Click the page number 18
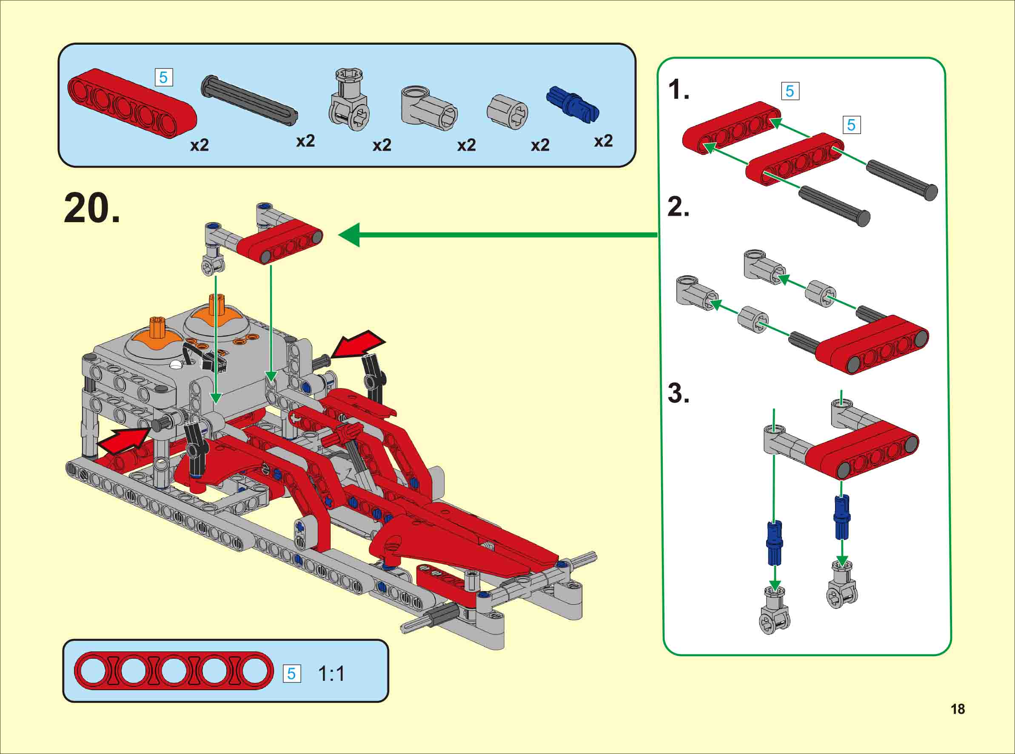(958, 709)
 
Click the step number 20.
(92, 208)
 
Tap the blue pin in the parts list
(573, 104)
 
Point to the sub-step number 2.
(679, 207)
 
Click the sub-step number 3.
(679, 393)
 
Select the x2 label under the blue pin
(603, 141)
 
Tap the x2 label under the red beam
(200, 145)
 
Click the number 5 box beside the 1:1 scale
(291, 674)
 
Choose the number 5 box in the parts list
(163, 77)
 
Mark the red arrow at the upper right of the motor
(358, 344)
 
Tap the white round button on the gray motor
(176, 364)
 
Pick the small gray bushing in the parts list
(507, 112)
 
